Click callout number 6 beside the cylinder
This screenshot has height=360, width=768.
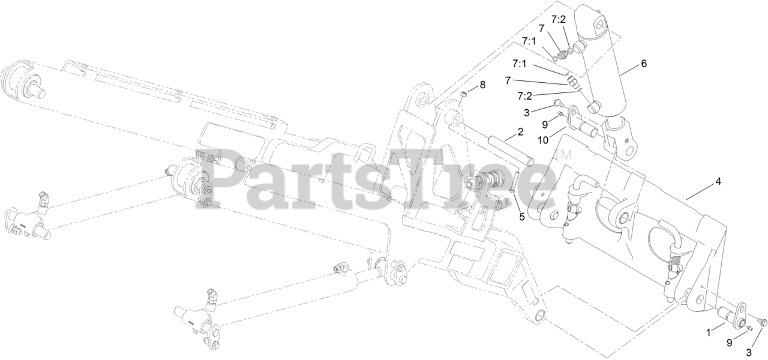tap(644, 64)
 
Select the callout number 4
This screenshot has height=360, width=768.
tap(718, 181)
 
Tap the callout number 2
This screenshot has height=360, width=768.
tap(520, 131)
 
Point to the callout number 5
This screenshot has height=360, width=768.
tap(522, 217)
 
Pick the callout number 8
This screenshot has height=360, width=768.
tap(482, 86)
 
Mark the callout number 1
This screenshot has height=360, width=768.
tap(709, 331)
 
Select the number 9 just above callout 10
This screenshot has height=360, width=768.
tap(545, 125)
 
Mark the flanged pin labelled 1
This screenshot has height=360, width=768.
tap(731, 316)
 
